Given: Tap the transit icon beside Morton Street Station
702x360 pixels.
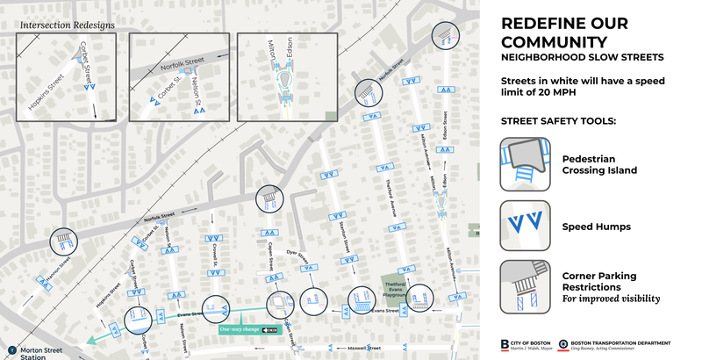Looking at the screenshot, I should (11, 349).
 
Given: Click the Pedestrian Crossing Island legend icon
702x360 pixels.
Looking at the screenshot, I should (525, 163).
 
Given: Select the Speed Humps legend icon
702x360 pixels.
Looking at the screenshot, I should (525, 226).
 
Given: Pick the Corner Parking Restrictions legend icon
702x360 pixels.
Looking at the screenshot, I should (525, 286).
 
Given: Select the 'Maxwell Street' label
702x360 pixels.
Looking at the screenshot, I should (362, 348).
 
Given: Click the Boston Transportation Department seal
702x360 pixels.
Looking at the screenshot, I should (562, 343).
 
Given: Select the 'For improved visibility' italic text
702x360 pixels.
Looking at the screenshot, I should (611, 299).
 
